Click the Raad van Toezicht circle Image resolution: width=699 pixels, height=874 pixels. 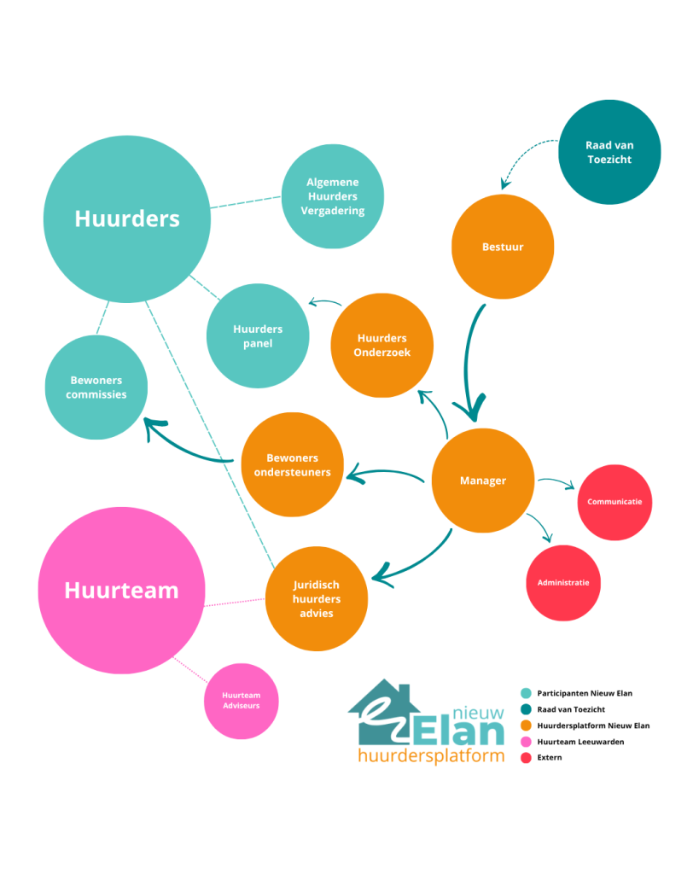[609, 152]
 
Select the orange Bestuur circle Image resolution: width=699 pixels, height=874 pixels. [502, 248]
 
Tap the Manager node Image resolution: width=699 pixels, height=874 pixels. [483, 481]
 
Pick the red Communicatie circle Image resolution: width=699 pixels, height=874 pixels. [615, 502]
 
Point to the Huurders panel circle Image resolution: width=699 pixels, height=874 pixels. [258, 335]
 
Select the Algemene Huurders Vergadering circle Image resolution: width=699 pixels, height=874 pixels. [332, 196]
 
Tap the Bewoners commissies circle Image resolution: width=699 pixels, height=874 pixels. [96, 387]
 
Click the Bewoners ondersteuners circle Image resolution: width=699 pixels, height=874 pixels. [293, 464]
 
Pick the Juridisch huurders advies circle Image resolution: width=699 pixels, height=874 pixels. [317, 599]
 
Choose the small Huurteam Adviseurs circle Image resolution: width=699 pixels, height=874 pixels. [241, 701]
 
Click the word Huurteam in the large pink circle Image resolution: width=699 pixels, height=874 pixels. [121, 590]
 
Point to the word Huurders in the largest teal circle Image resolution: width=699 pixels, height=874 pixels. [127, 218]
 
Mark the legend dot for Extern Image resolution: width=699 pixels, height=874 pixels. [526, 757]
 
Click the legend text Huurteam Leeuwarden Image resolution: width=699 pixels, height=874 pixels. [580, 742]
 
